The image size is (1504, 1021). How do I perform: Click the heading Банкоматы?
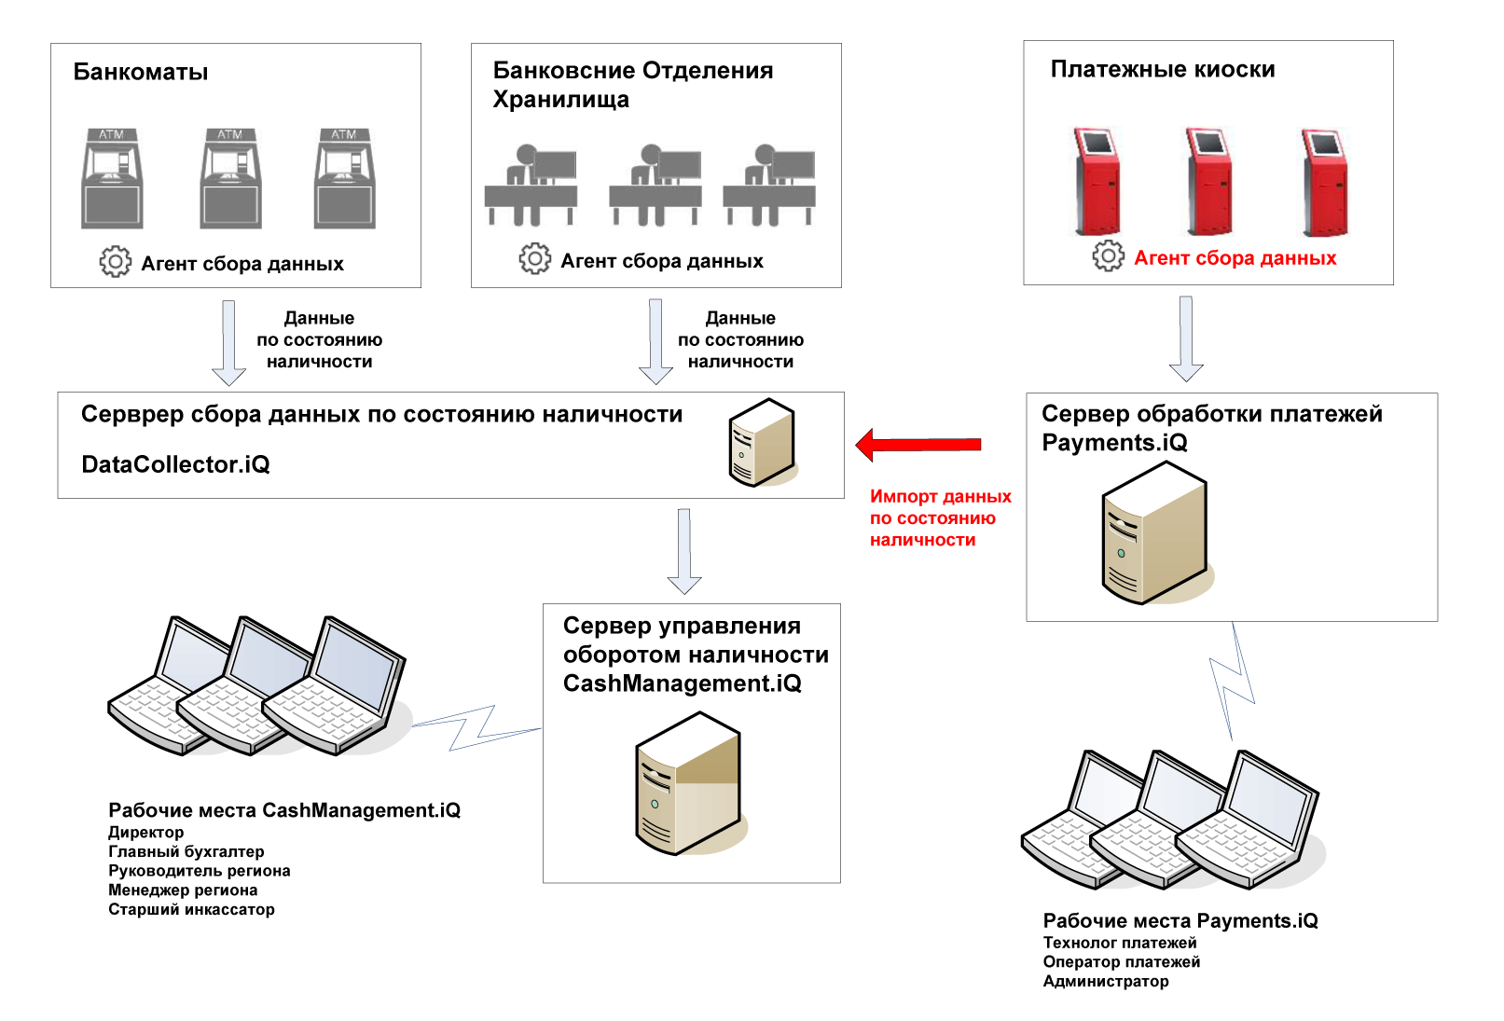coord(141,73)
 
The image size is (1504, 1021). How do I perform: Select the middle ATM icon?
coord(230,178)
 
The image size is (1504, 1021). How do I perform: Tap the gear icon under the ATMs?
coord(116,261)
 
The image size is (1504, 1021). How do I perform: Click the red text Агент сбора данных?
coord(1235,258)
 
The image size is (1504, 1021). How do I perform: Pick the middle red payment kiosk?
coord(1209,181)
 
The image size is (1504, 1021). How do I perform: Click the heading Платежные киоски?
coord(1163,70)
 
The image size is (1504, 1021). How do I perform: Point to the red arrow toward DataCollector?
coord(918,445)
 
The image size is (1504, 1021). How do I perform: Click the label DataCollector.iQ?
coord(175,464)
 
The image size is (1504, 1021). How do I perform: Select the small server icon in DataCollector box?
coord(761,442)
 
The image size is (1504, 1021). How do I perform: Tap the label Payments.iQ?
coord(1114,443)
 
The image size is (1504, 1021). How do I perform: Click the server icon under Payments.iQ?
coord(1154,533)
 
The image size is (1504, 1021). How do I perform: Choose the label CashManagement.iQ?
coord(682,683)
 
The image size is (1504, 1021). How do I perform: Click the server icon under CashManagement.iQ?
coord(688,783)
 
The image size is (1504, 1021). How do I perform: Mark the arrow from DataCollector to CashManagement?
coord(684,551)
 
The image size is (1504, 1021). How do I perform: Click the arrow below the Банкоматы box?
coord(228,342)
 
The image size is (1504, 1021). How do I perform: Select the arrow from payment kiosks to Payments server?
coord(1186,338)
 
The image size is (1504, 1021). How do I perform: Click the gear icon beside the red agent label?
coord(1108,255)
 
